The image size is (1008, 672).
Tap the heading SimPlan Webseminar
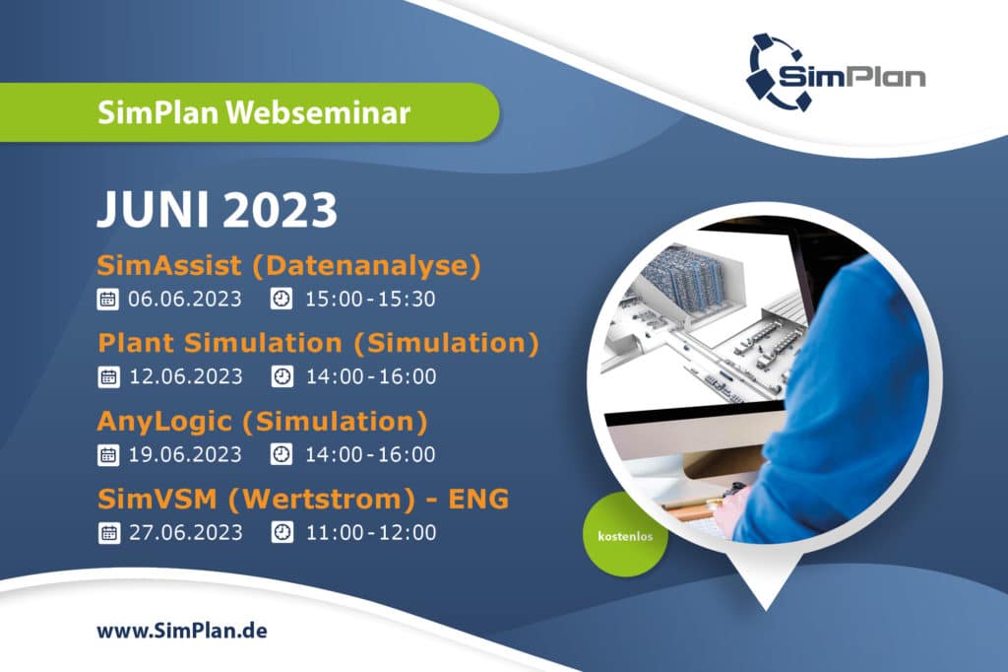254,112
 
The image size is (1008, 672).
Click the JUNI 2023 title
217,209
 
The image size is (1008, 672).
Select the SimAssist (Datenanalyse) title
288,265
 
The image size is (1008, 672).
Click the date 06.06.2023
184,299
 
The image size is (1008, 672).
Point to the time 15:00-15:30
370,299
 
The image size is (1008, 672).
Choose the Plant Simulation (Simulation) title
318,343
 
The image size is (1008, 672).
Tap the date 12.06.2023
186,376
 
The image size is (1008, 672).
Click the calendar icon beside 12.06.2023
108,376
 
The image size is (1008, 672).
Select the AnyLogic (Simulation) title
262,421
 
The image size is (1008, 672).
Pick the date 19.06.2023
185,454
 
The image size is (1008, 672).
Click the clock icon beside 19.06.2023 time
281,454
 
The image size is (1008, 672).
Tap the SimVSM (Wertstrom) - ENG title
303,499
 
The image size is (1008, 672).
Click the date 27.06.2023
186,532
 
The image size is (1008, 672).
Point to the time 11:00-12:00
371,532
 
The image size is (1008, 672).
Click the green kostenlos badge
625,536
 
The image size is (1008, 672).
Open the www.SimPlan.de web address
182,631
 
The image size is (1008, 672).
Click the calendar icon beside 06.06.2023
107,300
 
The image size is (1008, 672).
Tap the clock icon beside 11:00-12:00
283,532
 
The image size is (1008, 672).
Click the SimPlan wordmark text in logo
851,76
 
